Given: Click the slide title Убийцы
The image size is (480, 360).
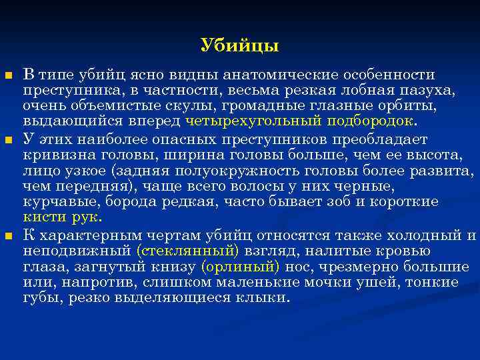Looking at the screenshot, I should (x=239, y=46).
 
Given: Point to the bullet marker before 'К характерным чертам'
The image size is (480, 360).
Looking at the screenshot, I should (x=8, y=237).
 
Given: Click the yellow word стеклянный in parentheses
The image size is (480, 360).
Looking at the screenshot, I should (x=187, y=251).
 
